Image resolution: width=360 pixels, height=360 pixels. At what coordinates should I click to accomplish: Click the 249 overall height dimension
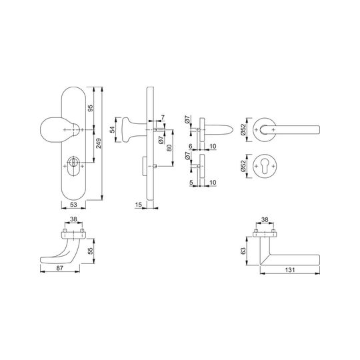click(98, 143)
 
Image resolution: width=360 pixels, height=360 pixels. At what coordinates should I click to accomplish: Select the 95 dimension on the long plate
click(91, 108)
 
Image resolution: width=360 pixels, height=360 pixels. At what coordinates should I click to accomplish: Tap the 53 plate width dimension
click(73, 205)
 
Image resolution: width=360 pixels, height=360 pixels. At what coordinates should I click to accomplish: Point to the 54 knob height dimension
click(112, 130)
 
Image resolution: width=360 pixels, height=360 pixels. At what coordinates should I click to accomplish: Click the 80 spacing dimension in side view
click(169, 148)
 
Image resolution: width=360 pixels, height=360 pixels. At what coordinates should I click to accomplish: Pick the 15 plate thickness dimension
click(139, 205)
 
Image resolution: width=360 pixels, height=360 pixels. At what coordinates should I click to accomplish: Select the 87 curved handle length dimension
click(60, 268)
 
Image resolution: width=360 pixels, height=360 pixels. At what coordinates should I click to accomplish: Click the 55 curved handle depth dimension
click(91, 251)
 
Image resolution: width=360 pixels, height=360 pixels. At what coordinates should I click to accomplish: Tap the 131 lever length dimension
click(290, 270)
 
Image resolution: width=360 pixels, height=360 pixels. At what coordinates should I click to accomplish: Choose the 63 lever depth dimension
click(243, 251)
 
